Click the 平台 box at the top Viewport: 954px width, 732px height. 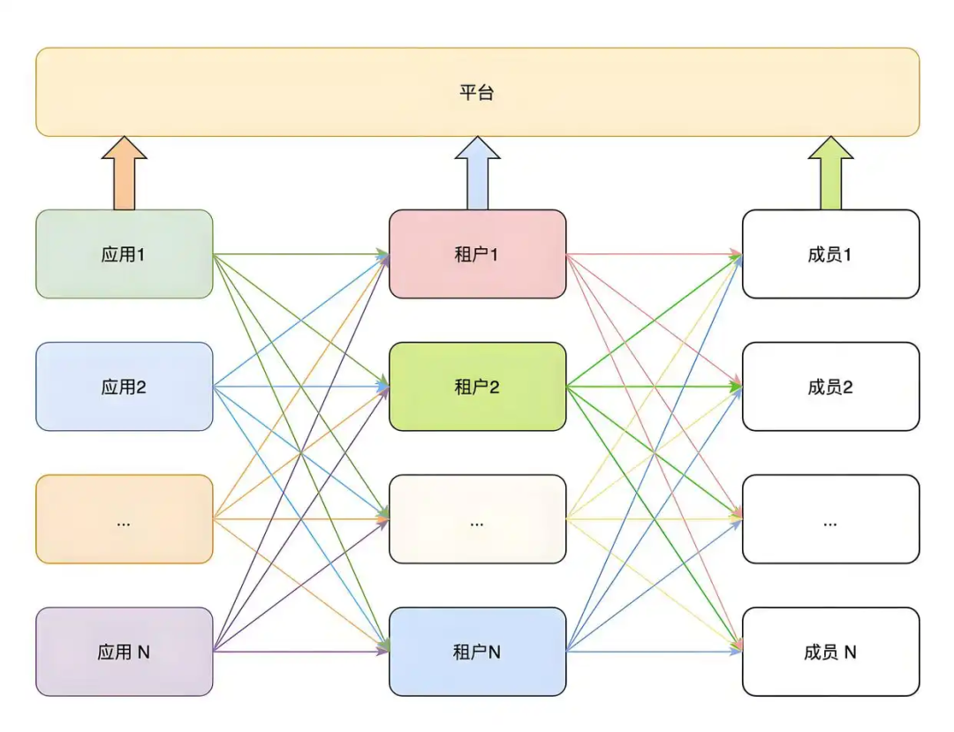point(477,92)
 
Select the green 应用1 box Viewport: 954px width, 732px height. point(124,254)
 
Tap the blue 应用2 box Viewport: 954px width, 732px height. point(124,387)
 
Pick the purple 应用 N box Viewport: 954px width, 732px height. point(124,652)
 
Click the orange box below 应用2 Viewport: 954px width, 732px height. point(124,519)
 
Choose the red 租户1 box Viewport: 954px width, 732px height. point(477,254)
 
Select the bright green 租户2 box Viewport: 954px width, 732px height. point(477,387)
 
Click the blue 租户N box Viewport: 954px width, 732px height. point(477,652)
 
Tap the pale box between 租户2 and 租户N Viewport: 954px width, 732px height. point(477,519)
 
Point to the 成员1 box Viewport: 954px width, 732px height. point(830,254)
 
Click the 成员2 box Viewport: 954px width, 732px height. point(830,387)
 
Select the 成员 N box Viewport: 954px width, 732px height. point(830,652)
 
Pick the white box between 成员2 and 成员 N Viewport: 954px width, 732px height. point(830,519)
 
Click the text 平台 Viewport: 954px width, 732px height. point(477,93)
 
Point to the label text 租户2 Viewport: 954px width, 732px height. point(477,388)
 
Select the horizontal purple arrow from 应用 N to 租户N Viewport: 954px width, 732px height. point(300,652)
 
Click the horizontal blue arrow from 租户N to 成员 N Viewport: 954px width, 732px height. point(654,652)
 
